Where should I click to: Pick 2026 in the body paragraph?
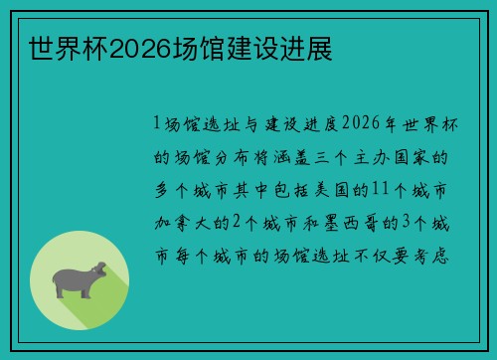(362, 124)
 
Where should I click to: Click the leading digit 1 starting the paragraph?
(158, 124)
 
